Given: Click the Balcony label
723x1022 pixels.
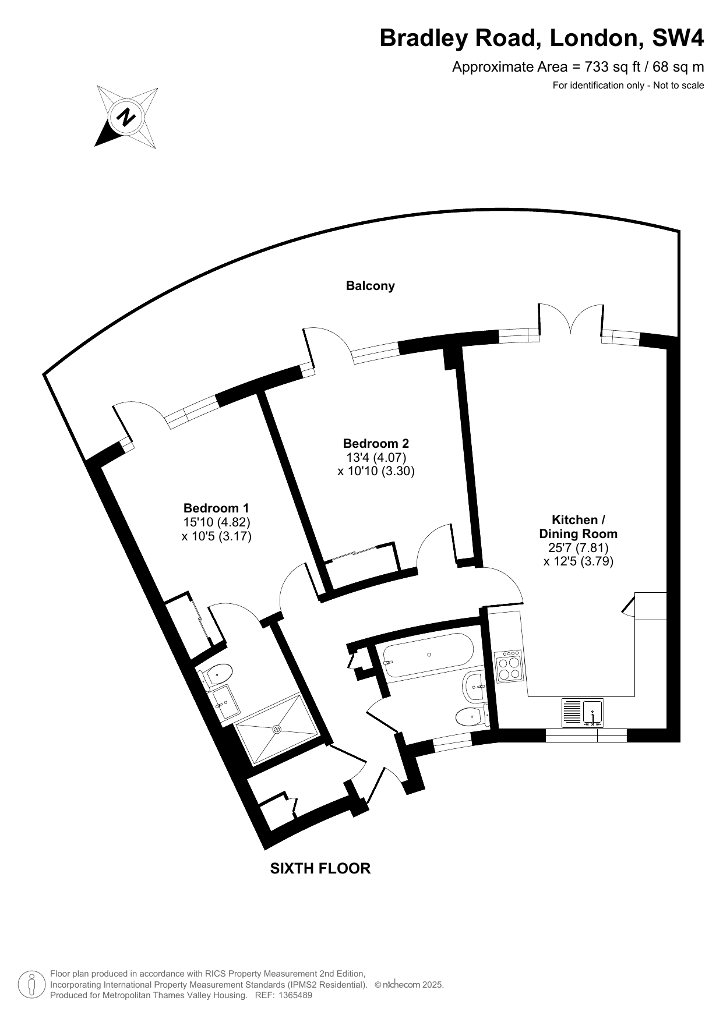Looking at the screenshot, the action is pyautogui.click(x=370, y=286).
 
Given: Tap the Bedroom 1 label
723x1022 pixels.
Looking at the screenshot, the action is pyautogui.click(x=216, y=508).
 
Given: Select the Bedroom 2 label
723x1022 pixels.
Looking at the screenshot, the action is pyautogui.click(x=376, y=443).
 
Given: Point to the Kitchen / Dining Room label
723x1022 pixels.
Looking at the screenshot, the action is pyautogui.click(x=578, y=526).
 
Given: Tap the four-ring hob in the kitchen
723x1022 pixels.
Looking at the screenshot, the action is pyautogui.click(x=509, y=667).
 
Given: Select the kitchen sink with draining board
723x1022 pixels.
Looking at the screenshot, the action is pyautogui.click(x=583, y=712).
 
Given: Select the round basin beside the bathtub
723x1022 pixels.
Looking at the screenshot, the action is pyautogui.click(x=474, y=687).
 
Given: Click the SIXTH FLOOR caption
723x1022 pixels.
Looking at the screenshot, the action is pyautogui.click(x=320, y=868).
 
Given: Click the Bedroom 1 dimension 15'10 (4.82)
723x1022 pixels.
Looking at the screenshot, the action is pyautogui.click(x=216, y=522).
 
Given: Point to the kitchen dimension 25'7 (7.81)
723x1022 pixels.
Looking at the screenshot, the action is pyautogui.click(x=578, y=547).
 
